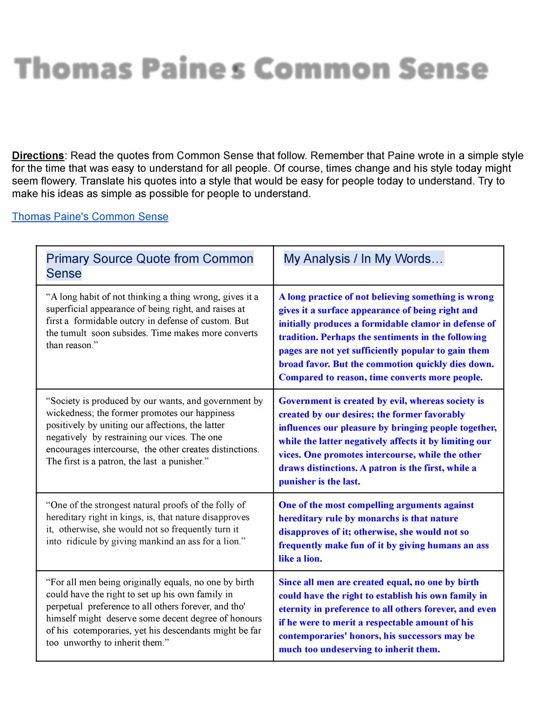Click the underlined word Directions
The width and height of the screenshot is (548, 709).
38,156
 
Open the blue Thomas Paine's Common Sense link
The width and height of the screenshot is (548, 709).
90,216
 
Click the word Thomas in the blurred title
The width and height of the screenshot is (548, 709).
74,69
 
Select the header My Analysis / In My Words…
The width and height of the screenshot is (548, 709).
363,259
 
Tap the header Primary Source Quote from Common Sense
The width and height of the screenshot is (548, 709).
149,266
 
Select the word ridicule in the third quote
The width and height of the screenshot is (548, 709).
81,541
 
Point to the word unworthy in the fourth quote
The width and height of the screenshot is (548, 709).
83,643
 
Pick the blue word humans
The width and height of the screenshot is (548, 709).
443,546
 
